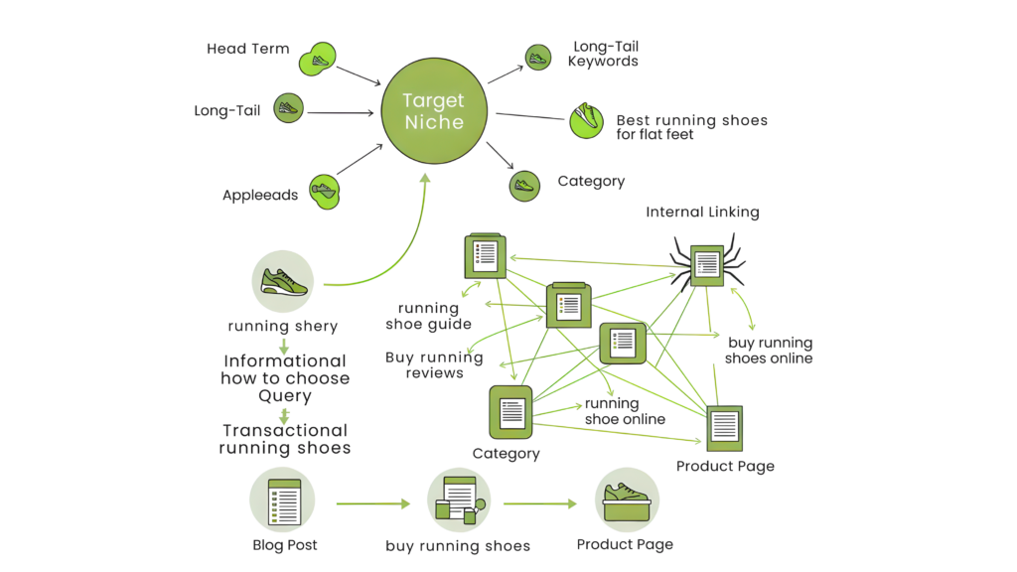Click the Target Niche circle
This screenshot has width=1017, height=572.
pyautogui.click(x=433, y=110)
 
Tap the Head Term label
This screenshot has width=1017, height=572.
pyautogui.click(x=248, y=49)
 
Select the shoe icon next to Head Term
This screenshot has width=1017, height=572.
pyautogui.click(x=318, y=61)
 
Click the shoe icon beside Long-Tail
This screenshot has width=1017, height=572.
pyautogui.click(x=287, y=109)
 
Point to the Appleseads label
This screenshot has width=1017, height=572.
pyautogui.click(x=259, y=196)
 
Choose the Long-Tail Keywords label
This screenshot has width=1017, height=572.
pyautogui.click(x=603, y=54)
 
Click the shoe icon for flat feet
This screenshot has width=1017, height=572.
pyautogui.click(x=586, y=120)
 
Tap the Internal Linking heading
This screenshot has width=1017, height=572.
pyautogui.click(x=702, y=213)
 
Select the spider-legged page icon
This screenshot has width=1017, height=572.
pyautogui.click(x=707, y=263)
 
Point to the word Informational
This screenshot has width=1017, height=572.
pyautogui.click(x=285, y=361)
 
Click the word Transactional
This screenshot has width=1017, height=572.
pyautogui.click(x=284, y=431)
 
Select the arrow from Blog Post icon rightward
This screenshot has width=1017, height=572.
pyautogui.click(x=372, y=503)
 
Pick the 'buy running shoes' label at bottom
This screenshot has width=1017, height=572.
pyautogui.click(x=458, y=545)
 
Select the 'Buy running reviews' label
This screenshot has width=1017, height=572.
pyautogui.click(x=434, y=365)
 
